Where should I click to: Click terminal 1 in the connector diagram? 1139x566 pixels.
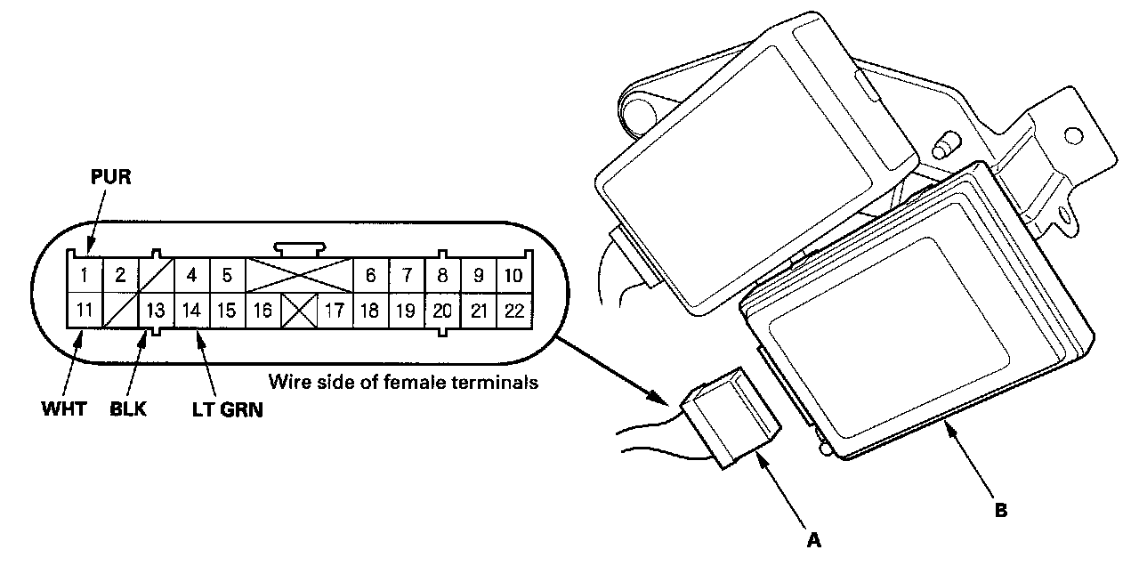click(x=84, y=275)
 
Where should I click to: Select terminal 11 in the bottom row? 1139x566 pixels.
click(x=84, y=311)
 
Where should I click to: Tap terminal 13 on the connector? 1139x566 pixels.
click(x=156, y=311)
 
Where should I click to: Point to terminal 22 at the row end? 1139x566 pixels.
click(x=513, y=311)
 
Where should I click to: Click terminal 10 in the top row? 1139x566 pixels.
click(x=513, y=275)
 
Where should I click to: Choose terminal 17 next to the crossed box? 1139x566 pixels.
click(x=335, y=311)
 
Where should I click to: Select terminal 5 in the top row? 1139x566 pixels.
click(x=227, y=275)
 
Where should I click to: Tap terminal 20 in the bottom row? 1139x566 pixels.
click(x=442, y=311)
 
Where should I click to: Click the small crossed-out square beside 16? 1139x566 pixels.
click(x=299, y=311)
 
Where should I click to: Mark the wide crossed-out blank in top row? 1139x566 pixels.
click(x=298, y=275)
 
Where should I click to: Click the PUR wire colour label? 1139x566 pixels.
click(x=111, y=177)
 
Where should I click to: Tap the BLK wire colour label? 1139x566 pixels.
click(x=129, y=410)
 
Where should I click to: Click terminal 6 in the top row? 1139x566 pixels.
click(x=370, y=275)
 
